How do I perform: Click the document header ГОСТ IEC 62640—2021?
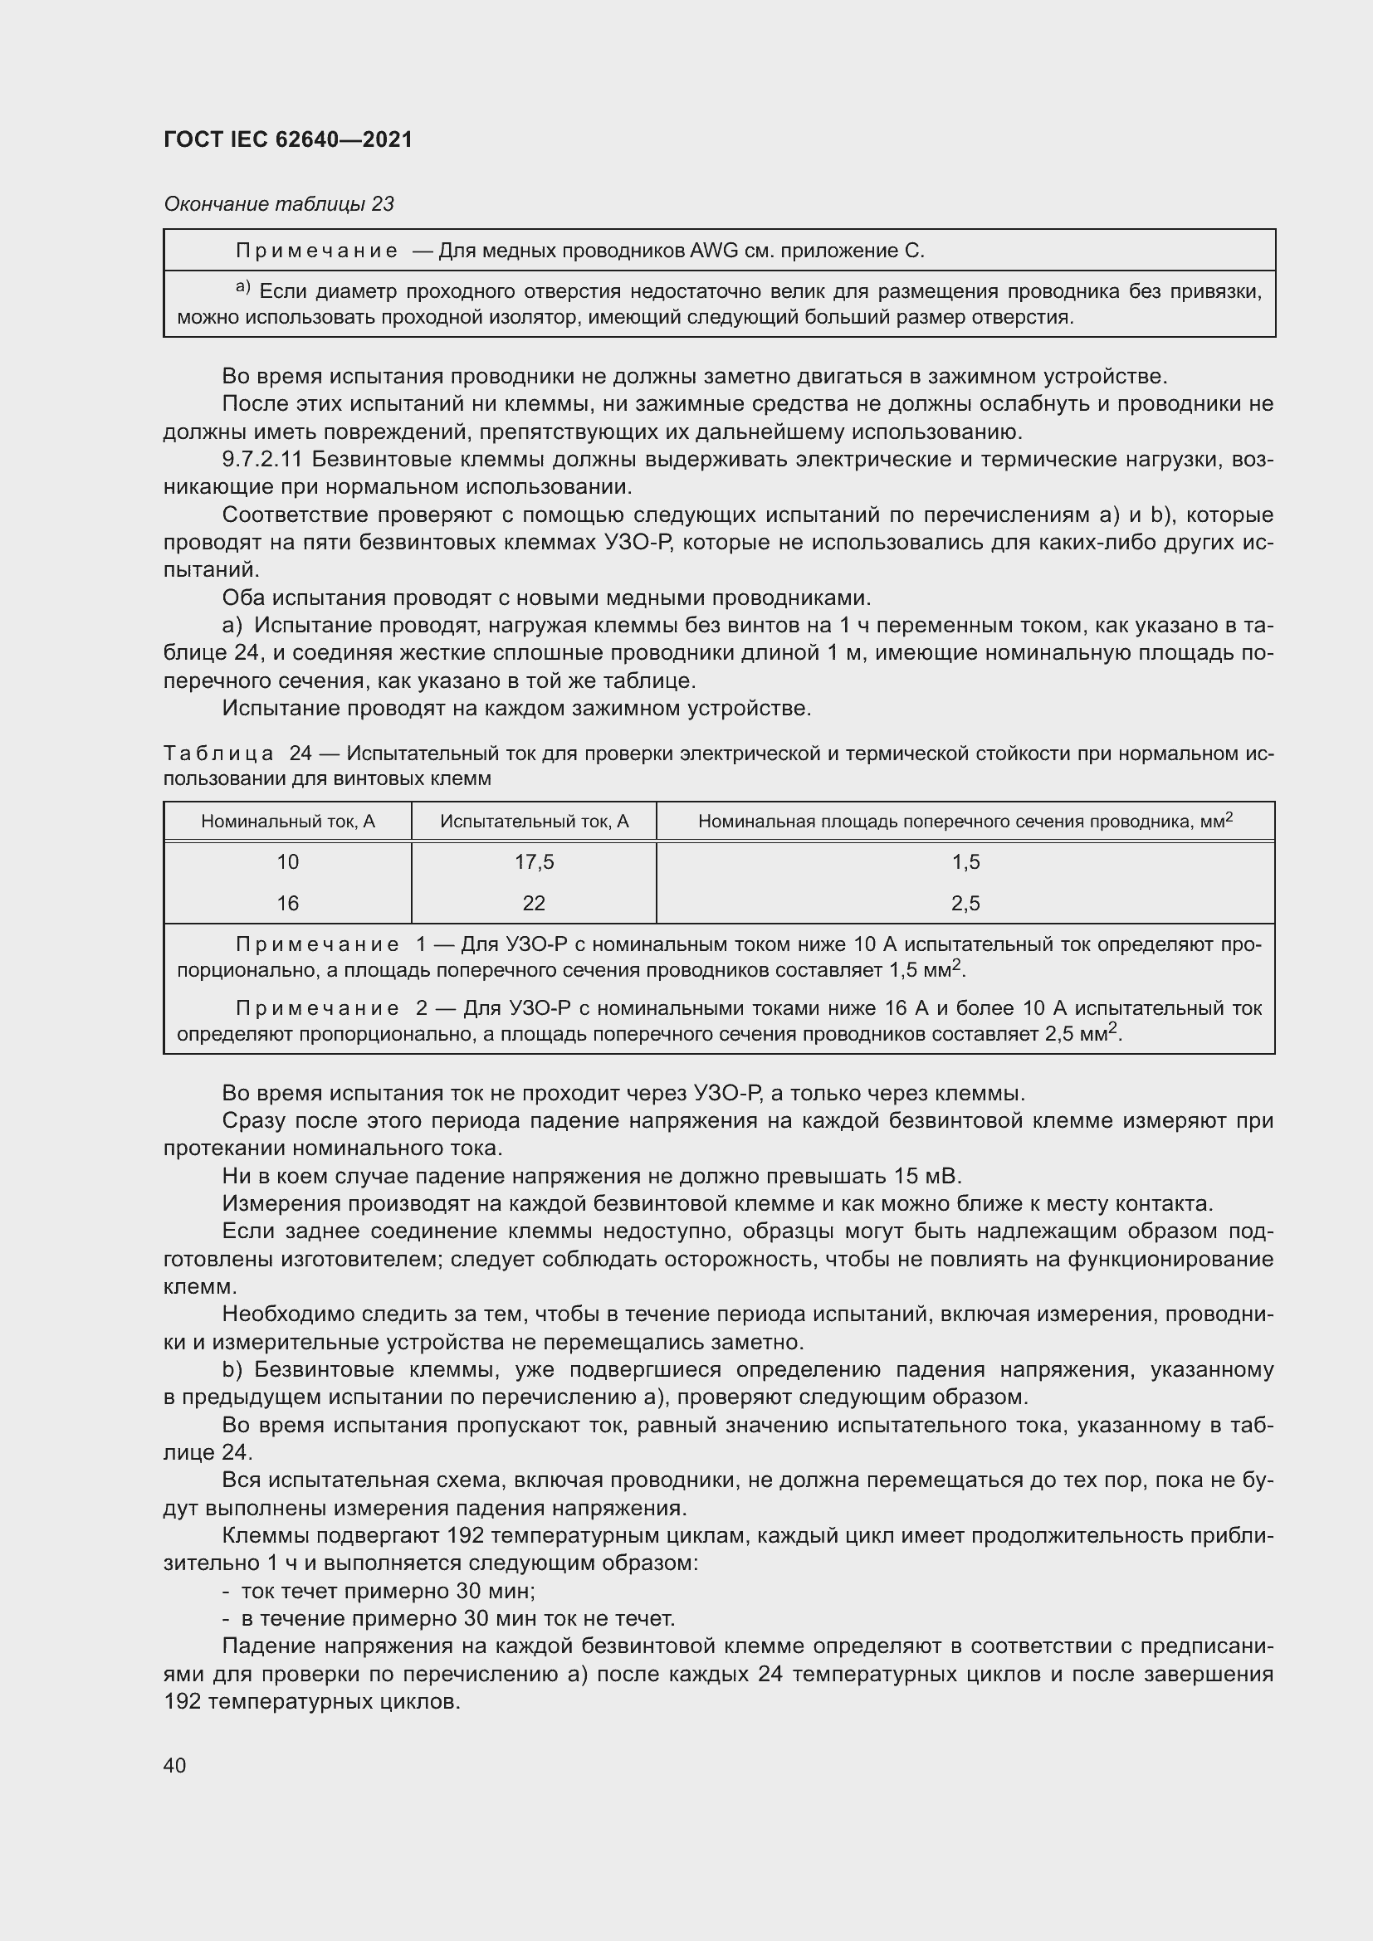tap(287, 139)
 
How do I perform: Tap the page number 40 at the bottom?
tap(175, 1764)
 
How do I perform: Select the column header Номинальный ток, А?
tap(287, 821)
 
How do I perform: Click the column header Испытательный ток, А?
tap(534, 821)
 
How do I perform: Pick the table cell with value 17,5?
tap(534, 861)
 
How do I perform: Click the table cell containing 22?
tap(534, 903)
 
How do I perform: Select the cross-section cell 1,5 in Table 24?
tap(965, 861)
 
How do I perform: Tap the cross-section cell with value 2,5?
tap(965, 903)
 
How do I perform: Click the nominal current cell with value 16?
tap(287, 903)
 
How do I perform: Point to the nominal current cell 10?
tap(287, 861)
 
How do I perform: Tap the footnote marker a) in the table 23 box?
tap(243, 288)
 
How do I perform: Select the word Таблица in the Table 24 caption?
tap(218, 753)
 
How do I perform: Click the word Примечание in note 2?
tap(317, 1007)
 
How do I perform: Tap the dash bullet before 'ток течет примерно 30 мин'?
tap(227, 1591)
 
